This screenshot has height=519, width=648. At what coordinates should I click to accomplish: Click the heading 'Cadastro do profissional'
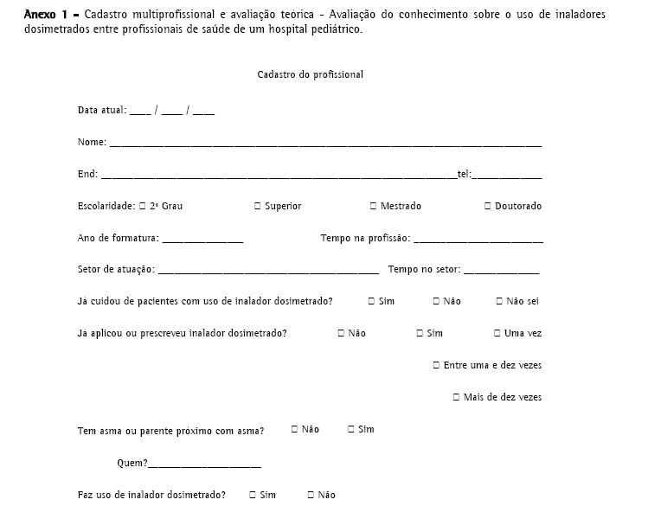coord(310,74)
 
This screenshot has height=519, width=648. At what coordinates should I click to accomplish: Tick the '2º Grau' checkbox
coord(143,206)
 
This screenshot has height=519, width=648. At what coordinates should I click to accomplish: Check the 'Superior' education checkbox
coord(258,206)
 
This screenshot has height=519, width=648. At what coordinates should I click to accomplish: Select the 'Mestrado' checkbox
coord(373,206)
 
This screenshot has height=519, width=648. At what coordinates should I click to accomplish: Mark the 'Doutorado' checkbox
coord(488,206)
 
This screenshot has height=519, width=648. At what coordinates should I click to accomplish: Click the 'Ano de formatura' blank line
coord(202,240)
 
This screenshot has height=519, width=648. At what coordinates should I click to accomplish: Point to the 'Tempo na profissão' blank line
coord(478,240)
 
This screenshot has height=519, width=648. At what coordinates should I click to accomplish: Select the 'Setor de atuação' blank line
coord(268,272)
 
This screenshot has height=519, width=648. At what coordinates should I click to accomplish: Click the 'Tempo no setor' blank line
coord(501,272)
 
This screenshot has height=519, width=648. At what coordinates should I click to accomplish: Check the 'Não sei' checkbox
coord(499,301)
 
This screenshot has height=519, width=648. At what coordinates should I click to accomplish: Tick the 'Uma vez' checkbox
coord(497,333)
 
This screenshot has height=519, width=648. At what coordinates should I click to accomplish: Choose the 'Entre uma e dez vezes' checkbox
coord(437,365)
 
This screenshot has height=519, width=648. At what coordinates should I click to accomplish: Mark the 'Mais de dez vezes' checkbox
coord(456,397)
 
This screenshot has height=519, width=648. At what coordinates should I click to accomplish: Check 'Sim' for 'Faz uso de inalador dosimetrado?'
coord(253,495)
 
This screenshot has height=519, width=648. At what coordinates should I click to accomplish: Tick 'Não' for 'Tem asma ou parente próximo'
coord(295,429)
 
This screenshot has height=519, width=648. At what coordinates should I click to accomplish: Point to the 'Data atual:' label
coord(101,111)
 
